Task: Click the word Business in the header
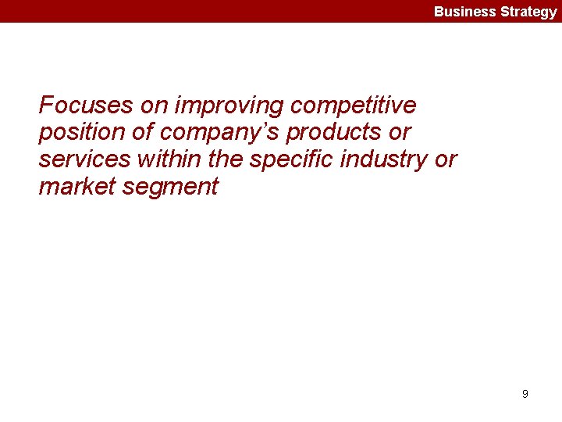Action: click(x=465, y=12)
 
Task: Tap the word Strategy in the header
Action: click(x=528, y=12)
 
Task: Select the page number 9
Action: click(x=525, y=394)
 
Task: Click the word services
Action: click(x=85, y=159)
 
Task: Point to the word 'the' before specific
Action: click(x=232, y=159)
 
